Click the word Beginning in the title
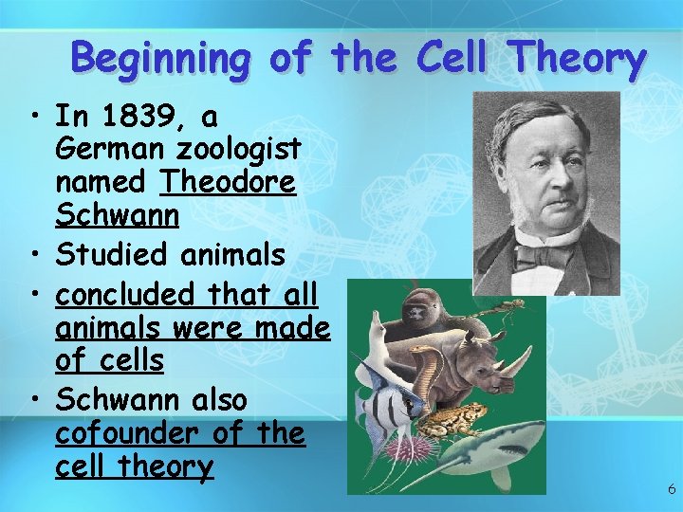[161, 60]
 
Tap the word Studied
[107, 254]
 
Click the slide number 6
[672, 489]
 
